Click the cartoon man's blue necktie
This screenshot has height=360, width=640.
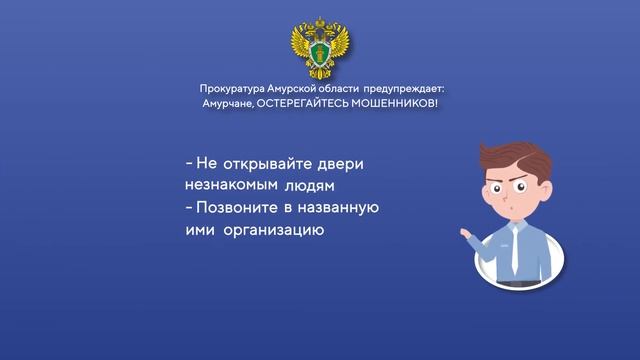pos(514,250)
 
